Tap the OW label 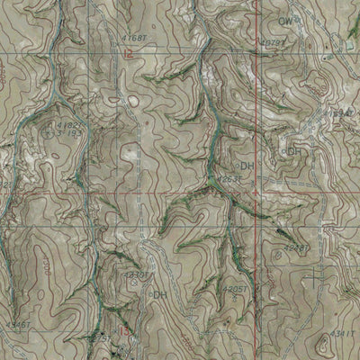tap(285, 19)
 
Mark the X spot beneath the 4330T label tap(134, 283)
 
